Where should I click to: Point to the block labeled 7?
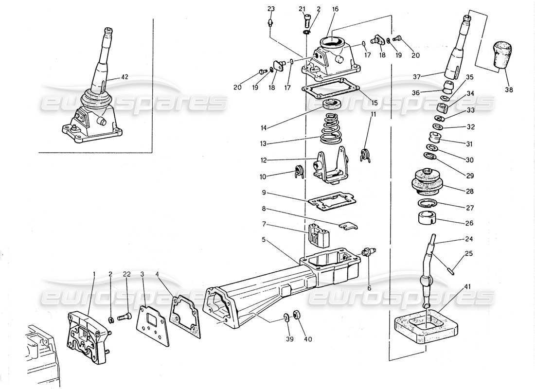[317, 237]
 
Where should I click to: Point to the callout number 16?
[335, 9]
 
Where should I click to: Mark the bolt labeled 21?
[306, 20]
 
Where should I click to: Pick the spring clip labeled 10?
[299, 172]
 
